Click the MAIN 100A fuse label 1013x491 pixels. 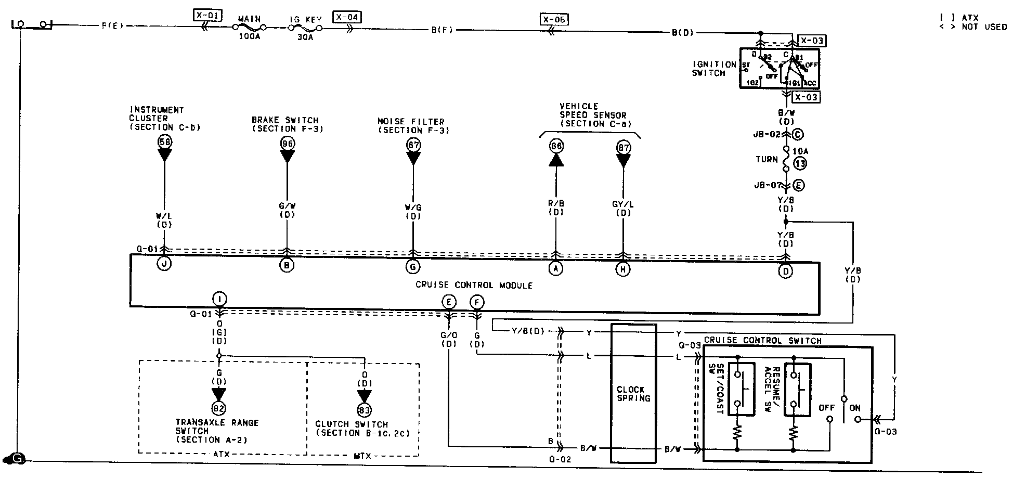coord(249,19)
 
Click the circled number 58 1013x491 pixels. coord(165,141)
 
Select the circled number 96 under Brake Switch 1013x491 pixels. coord(287,143)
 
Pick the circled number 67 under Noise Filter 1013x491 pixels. coord(413,145)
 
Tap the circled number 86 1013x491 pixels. coord(556,146)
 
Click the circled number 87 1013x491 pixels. coord(623,147)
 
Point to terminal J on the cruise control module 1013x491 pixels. coord(164,264)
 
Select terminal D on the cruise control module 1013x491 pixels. coord(785,270)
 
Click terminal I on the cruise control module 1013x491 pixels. coord(219,299)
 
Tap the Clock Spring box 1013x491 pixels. coord(633,393)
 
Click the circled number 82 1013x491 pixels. coord(219,408)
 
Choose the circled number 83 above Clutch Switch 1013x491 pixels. coord(365,410)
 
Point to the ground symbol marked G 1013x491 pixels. coord(17,459)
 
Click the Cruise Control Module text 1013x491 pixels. coord(474,285)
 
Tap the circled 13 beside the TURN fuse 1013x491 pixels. coord(800,164)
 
